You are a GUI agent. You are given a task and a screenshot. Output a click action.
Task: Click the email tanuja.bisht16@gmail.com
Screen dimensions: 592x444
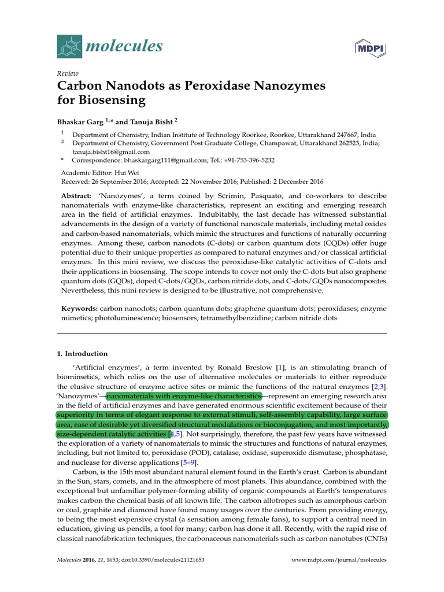[x=110, y=151]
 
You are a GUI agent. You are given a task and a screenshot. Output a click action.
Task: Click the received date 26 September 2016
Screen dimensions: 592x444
[x=123, y=181]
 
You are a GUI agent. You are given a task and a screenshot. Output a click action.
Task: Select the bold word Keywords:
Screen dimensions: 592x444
[x=80, y=309]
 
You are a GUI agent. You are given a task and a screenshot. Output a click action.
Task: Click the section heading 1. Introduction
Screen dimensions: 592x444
[x=82, y=354]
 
